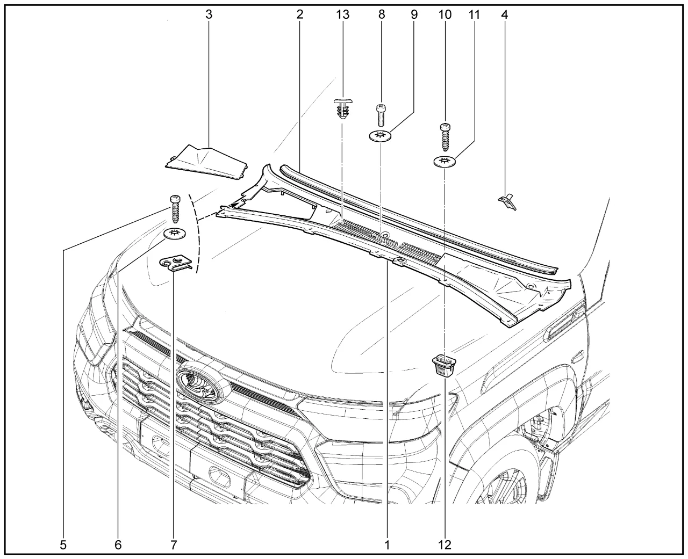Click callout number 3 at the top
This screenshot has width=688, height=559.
[x=209, y=14]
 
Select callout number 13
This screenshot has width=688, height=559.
[x=342, y=14]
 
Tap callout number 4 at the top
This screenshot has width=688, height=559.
[x=504, y=14]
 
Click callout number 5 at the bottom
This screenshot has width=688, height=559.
[x=63, y=545]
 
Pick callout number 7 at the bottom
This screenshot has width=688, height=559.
[x=174, y=545]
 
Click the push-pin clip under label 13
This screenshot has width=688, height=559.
[x=342, y=110]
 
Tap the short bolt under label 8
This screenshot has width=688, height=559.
[x=381, y=115]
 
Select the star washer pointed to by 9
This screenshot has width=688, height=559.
[x=380, y=136]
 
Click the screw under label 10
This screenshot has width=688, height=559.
[x=446, y=137]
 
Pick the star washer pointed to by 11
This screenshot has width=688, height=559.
[x=445, y=161]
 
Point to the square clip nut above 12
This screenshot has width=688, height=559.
[x=445, y=365]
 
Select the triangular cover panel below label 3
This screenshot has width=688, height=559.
[x=207, y=163]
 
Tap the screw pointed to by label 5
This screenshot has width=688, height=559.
[x=175, y=209]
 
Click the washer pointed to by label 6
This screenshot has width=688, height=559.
[x=175, y=234]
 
